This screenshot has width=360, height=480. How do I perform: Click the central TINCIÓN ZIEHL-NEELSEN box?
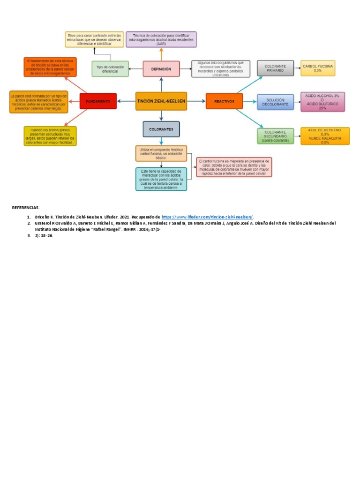[161, 101]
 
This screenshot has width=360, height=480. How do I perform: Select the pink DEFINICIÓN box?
[161, 69]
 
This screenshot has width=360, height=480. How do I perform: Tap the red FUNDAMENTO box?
[98, 101]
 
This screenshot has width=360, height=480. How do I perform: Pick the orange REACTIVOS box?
[224, 101]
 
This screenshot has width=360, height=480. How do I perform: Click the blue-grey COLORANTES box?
[161, 129]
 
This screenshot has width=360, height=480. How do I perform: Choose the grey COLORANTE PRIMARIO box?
[275, 68]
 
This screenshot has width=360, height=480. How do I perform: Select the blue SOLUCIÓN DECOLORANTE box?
[275, 102]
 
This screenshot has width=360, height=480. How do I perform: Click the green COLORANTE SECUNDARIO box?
[275, 136]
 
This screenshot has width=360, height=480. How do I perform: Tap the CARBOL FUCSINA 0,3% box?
[318, 68]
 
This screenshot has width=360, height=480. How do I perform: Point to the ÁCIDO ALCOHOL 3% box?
[322, 102]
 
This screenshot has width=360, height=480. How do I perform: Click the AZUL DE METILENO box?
[325, 136]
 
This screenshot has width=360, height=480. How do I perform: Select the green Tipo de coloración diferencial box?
[110, 69]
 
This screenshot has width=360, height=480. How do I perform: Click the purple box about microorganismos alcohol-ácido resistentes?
[162, 39]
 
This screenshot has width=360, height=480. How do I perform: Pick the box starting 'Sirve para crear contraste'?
[94, 39]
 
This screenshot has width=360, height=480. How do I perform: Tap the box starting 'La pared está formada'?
[38, 102]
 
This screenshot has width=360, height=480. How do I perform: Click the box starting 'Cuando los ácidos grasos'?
[50, 136]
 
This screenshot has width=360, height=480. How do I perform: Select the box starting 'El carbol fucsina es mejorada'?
[234, 167]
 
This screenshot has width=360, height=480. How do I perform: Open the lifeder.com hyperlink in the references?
[207, 217]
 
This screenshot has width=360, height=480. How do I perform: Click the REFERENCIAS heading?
[26, 207]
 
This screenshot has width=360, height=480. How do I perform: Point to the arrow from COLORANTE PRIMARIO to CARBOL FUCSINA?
[297, 68]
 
